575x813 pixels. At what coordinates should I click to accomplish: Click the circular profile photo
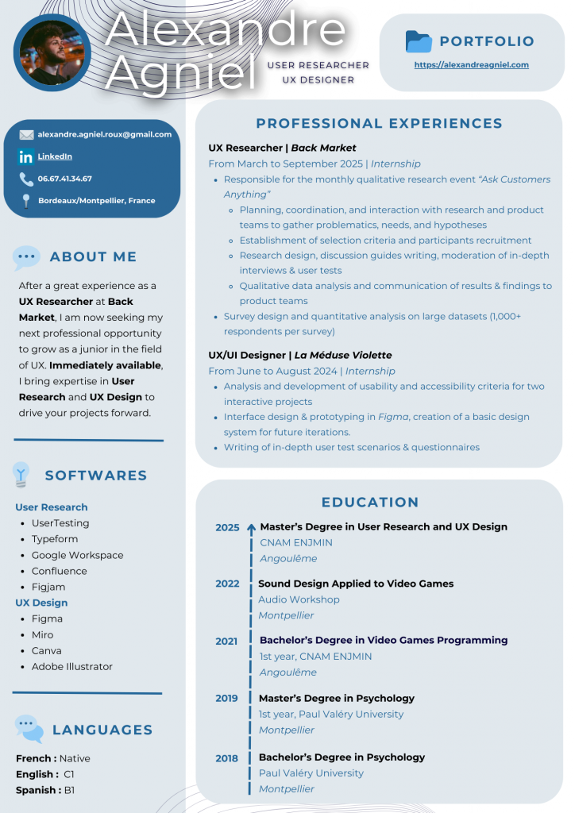[52, 52]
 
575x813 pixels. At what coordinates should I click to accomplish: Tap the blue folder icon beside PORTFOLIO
[418, 41]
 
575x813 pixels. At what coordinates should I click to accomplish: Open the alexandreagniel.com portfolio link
[471, 65]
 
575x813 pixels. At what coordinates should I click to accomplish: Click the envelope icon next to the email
[26, 135]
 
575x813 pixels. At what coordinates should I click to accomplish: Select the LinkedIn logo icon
[26, 156]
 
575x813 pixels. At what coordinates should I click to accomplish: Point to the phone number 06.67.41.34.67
[64, 179]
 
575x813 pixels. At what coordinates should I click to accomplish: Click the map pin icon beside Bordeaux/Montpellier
[26, 201]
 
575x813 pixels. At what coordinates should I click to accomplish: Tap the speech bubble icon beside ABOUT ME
[26, 256]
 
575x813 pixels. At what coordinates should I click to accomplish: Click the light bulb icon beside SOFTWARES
[21, 475]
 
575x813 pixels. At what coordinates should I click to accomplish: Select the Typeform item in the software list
[55, 539]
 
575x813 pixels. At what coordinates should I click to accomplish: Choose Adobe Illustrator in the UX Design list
[72, 666]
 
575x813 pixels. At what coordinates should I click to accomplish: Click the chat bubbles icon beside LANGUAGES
[29, 728]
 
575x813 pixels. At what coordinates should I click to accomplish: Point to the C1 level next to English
[69, 774]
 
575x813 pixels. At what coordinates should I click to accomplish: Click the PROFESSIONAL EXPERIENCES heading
[379, 123]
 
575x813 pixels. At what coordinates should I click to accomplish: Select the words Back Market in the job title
[323, 148]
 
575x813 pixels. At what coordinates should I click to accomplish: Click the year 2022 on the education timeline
[227, 584]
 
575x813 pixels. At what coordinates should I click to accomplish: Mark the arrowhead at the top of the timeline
[251, 526]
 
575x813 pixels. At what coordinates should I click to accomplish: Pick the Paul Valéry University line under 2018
[311, 773]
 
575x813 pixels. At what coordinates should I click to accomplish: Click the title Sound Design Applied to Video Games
[356, 584]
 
